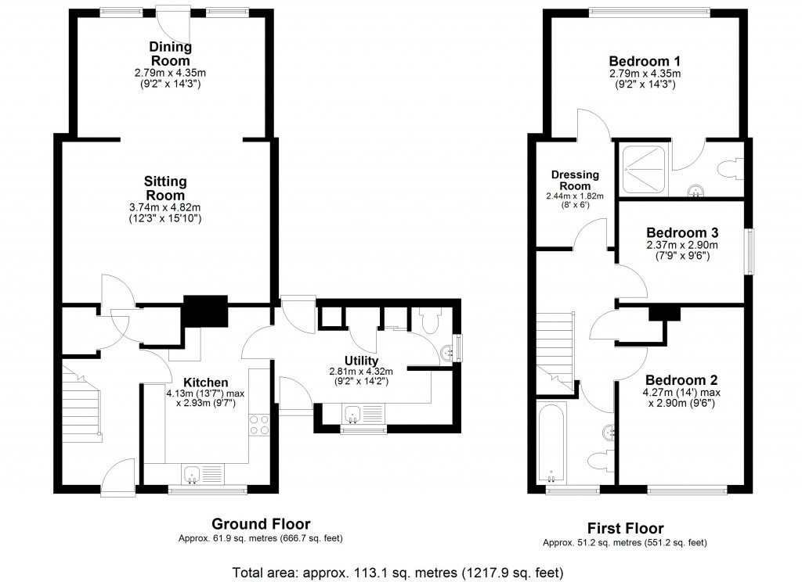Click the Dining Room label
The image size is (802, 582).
pyautogui.click(x=170, y=53)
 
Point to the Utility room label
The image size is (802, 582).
pyautogui.click(x=361, y=360)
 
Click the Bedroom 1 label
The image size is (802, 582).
pyautogui.click(x=645, y=61)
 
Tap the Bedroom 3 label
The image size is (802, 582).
pyautogui.click(x=682, y=233)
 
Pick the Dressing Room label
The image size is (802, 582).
pyautogui.click(x=575, y=180)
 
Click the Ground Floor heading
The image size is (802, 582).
pyautogui.click(x=261, y=524)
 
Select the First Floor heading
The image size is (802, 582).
pyautogui.click(x=625, y=528)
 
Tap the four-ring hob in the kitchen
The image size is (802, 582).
pyautogui.click(x=259, y=424)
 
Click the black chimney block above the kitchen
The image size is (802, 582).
pyautogui.click(x=204, y=312)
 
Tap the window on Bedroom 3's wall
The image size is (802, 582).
pyautogui.click(x=750, y=252)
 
